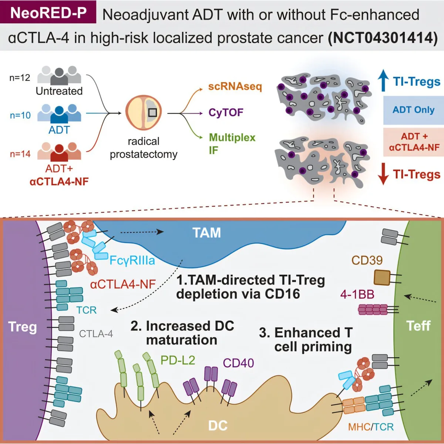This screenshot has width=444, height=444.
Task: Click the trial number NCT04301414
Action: [x=383, y=38]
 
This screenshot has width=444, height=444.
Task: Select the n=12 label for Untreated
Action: [x=20, y=78]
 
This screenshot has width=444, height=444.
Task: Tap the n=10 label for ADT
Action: [x=20, y=115]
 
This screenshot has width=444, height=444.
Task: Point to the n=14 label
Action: [x=20, y=154]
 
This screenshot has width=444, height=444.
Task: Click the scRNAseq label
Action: [x=235, y=87]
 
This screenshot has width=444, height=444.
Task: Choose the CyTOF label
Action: [x=226, y=112]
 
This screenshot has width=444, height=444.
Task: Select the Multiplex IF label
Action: [x=232, y=144]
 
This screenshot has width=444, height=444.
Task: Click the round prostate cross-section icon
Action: [x=144, y=112]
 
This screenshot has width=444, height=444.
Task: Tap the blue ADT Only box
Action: [x=413, y=110]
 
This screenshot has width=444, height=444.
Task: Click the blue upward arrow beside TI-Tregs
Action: [x=383, y=80]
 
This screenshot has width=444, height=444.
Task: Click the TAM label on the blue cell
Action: [x=206, y=233]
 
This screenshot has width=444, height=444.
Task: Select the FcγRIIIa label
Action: [x=132, y=260]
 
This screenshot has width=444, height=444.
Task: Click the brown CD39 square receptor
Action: [x=382, y=277]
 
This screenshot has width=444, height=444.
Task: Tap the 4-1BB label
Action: [x=357, y=294]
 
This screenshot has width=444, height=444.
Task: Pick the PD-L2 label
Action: [x=178, y=360]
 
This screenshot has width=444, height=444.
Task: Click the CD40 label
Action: [x=238, y=363]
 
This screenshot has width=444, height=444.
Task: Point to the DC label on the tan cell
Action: [x=218, y=425]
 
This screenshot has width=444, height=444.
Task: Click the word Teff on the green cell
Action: [x=418, y=326]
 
